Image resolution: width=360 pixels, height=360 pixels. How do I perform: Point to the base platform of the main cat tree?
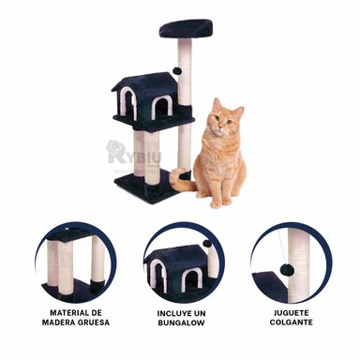[150, 183]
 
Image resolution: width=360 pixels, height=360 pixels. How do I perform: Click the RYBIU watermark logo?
[127, 155]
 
